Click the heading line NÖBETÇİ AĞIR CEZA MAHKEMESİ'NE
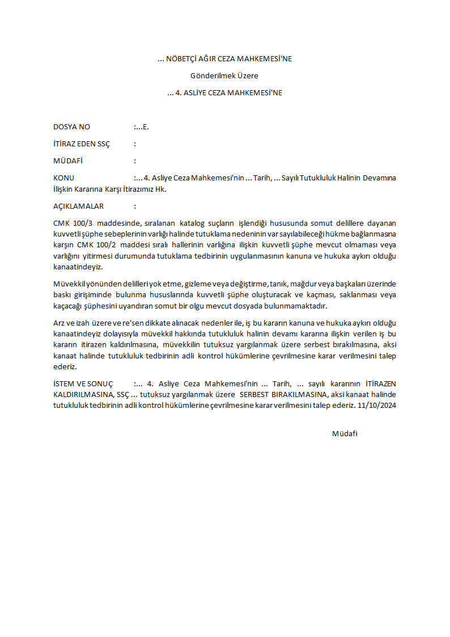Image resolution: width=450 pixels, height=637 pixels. point(224,58)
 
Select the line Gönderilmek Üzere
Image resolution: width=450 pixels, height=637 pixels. point(224,75)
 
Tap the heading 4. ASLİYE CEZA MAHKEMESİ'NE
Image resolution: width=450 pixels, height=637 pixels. point(224,92)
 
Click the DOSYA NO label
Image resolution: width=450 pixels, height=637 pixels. point(71,126)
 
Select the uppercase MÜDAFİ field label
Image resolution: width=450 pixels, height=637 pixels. point(68,161)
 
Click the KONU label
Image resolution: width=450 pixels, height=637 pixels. point(63,178)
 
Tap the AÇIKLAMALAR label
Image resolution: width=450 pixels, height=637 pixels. point(78,206)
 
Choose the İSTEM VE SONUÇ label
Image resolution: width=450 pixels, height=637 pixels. point(83,383)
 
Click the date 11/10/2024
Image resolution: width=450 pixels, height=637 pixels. point(377,406)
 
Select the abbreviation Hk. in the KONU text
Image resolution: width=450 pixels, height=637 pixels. point(160,189)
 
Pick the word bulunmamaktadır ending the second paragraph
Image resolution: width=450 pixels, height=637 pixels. point(300,306)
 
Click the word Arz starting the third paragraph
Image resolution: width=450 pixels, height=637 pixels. point(60,322)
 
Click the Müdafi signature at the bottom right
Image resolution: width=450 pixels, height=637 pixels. point(345,434)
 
